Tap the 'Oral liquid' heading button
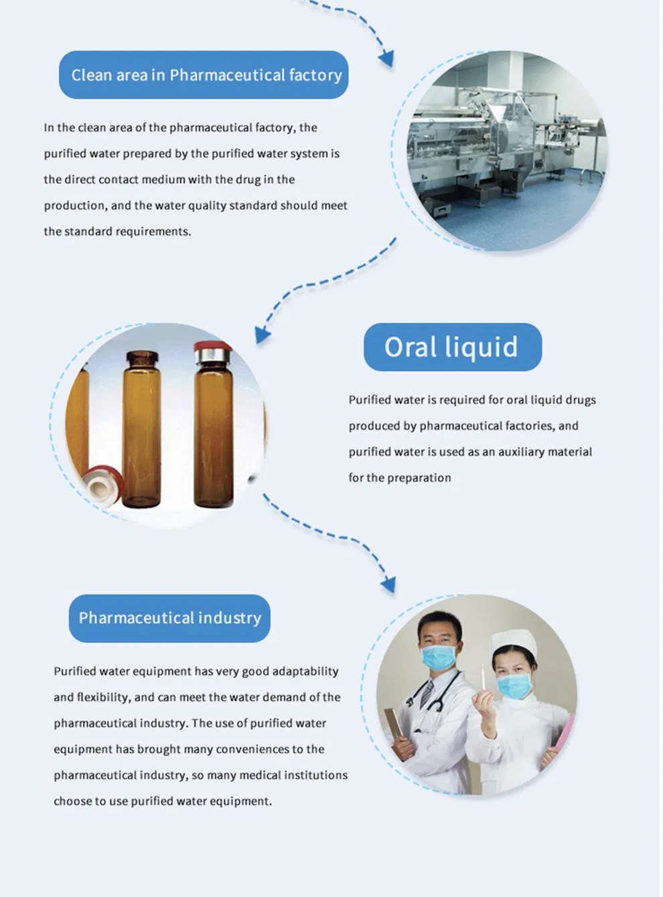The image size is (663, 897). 452,347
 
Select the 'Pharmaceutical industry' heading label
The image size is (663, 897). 169,618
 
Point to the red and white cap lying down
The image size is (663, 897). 101,485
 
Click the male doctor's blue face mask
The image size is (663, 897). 439,657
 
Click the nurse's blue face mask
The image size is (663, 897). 514,685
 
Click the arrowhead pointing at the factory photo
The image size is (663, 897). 386,59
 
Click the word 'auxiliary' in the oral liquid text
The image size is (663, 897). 520,452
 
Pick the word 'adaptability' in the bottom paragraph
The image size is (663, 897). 305,671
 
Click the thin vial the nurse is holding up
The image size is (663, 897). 482,676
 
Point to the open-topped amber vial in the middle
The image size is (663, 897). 141,428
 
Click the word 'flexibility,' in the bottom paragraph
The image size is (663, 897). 103,698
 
